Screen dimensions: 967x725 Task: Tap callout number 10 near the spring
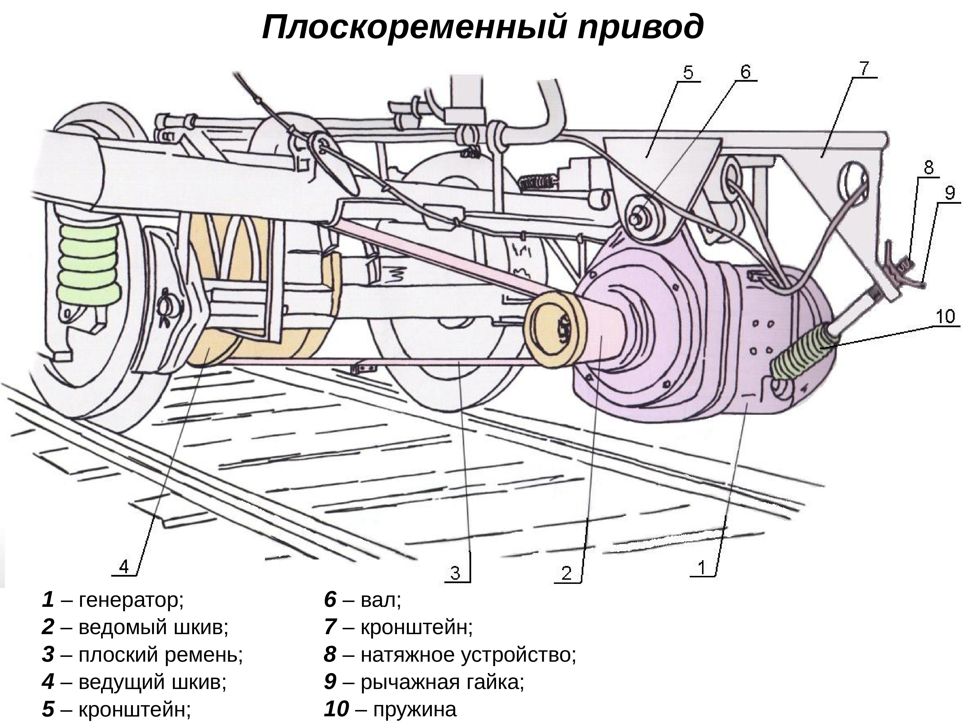click(x=945, y=316)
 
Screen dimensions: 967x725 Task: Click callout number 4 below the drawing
click(x=125, y=567)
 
